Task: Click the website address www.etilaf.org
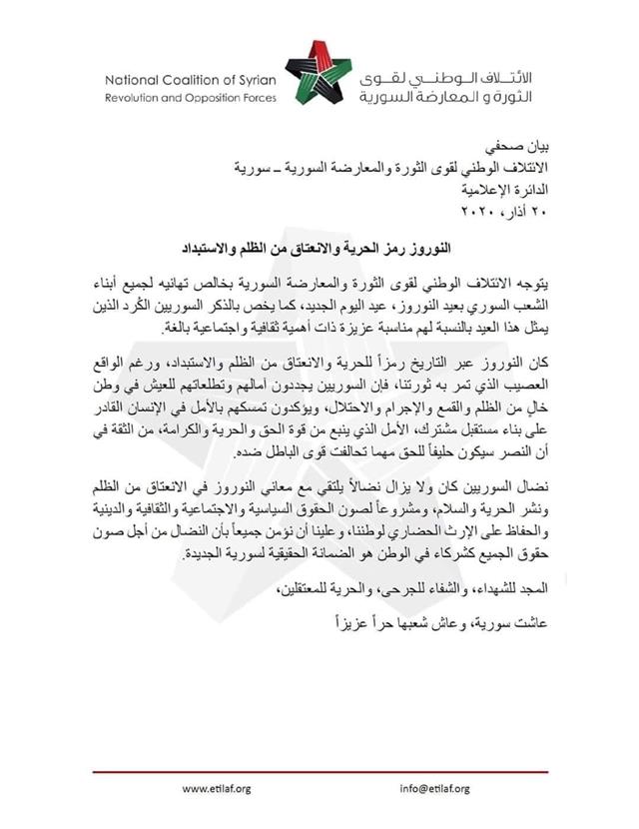pyautogui.click(x=216, y=789)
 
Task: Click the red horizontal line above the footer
pyautogui.click(x=319, y=772)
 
